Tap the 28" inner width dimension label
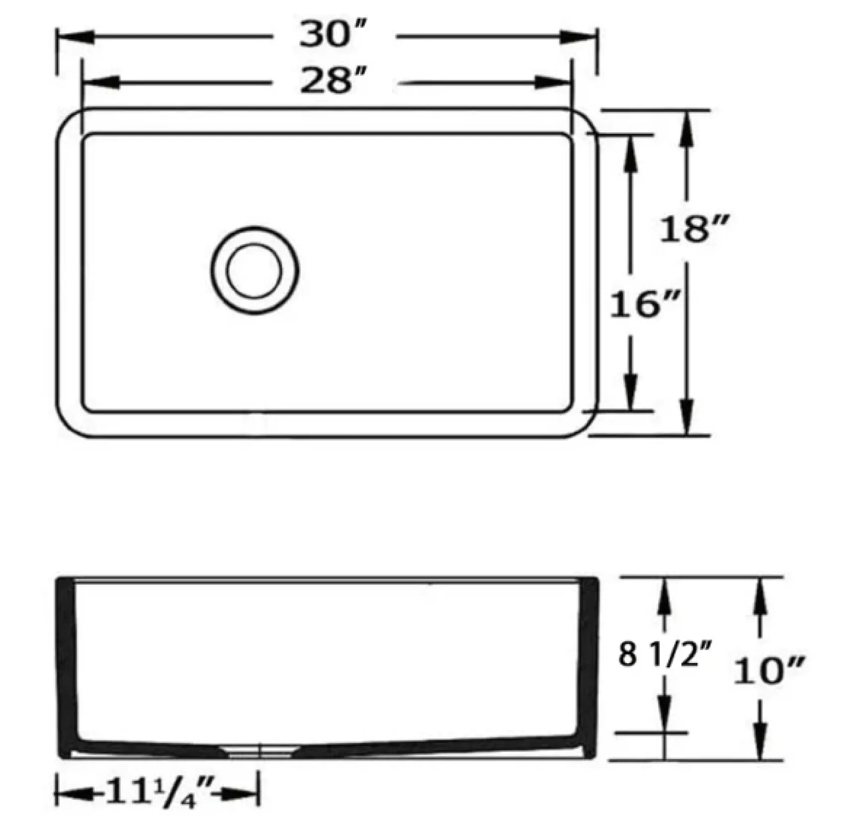(x=333, y=81)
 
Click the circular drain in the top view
(x=254, y=271)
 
